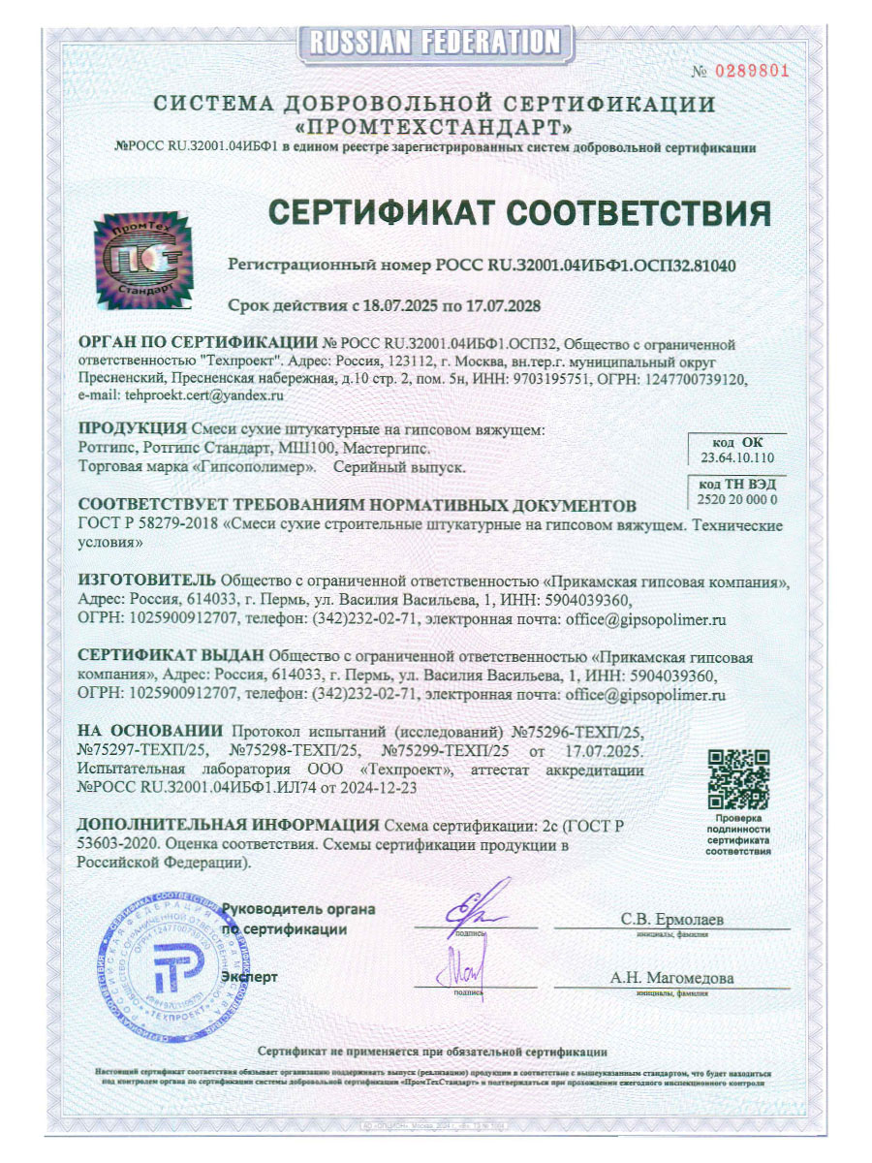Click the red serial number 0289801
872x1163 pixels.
click(x=754, y=70)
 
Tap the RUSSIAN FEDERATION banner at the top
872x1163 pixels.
click(x=436, y=42)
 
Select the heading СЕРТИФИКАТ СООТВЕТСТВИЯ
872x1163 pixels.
click(x=518, y=212)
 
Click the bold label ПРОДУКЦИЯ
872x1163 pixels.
click(x=132, y=429)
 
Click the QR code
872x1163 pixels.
click(x=738, y=780)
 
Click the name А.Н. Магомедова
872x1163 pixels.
click(x=671, y=978)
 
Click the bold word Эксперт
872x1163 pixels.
click(x=250, y=976)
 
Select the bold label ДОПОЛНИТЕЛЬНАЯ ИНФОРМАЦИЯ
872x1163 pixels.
click(x=228, y=826)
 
